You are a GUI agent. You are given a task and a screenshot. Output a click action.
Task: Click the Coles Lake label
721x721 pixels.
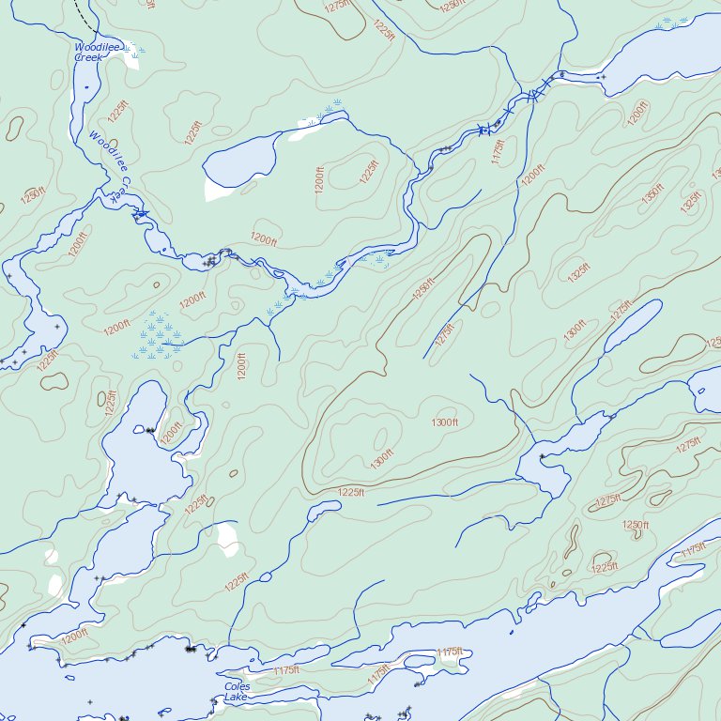tap(236, 692)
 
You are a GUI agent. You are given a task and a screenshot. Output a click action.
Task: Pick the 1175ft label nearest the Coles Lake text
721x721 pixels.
tap(286, 670)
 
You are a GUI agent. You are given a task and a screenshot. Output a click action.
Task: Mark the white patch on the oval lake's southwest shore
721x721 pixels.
tap(218, 191)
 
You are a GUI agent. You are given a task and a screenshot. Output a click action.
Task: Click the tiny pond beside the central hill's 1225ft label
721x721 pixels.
tap(324, 507)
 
